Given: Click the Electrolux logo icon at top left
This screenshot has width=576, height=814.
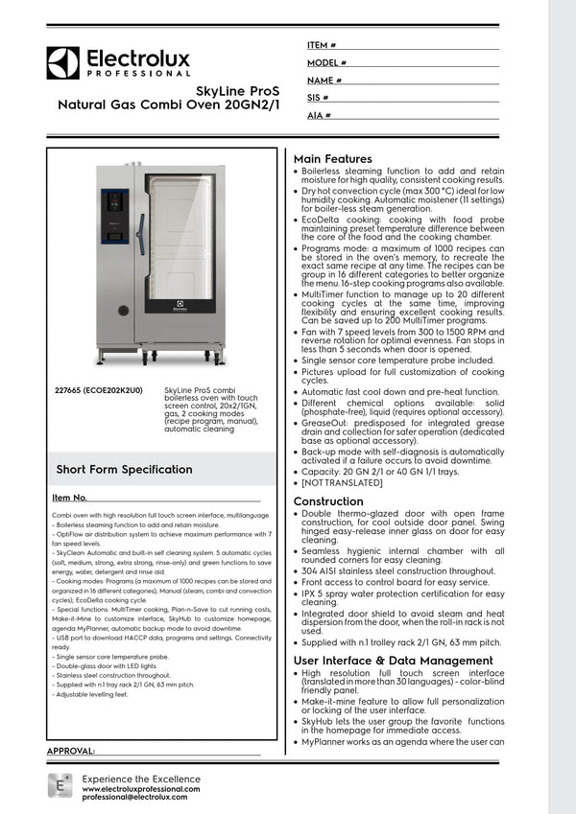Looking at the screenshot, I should click(x=63, y=63).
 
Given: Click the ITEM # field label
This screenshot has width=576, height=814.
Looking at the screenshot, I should click(x=321, y=45).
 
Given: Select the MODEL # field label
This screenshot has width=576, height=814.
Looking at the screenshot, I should click(x=326, y=62).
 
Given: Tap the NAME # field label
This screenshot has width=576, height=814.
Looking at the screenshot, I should click(x=324, y=81).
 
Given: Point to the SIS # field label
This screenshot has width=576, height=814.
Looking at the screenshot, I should click(x=318, y=98).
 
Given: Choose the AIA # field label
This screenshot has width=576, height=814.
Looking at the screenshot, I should click(x=319, y=115).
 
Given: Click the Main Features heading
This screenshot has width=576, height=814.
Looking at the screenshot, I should click(x=332, y=159).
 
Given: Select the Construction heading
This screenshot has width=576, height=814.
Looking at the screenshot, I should click(x=328, y=501).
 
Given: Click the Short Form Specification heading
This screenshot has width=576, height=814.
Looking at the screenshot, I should click(x=124, y=469).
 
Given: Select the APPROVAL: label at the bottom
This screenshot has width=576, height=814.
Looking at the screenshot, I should click(x=71, y=751).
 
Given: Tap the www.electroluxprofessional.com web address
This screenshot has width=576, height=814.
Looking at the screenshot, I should click(x=141, y=788).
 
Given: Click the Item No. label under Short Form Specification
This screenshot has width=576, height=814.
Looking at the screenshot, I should click(x=70, y=498).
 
